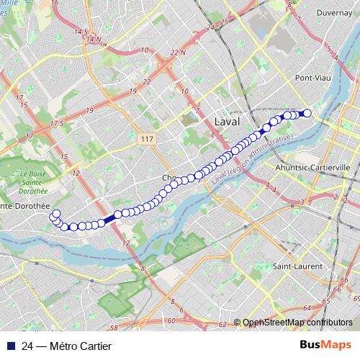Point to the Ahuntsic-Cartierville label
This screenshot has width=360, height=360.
pyautogui.click(x=312, y=166)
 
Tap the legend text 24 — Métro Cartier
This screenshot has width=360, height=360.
pyautogui.click(x=66, y=346)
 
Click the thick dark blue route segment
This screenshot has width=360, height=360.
pyautogui.click(x=107, y=218)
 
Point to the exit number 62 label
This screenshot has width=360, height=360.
pyautogui.click(x=222, y=324)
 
